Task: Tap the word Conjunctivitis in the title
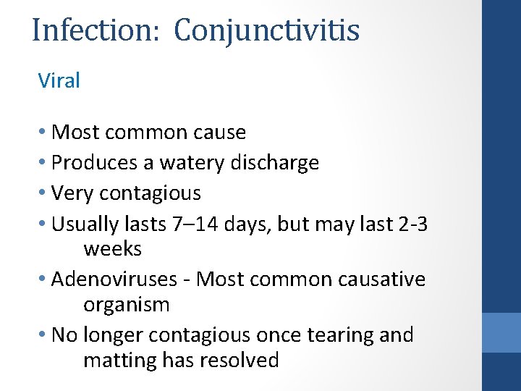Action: [x=267, y=30]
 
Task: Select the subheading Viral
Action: [x=59, y=80]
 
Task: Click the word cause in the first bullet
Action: [x=220, y=133]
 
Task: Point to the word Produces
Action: [x=96, y=163]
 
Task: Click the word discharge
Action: [x=276, y=163]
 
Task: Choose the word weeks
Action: [x=112, y=249]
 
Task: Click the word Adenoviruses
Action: [x=119, y=279]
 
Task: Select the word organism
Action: [x=127, y=304]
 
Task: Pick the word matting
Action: [x=118, y=361]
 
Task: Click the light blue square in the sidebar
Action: [x=501, y=332]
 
